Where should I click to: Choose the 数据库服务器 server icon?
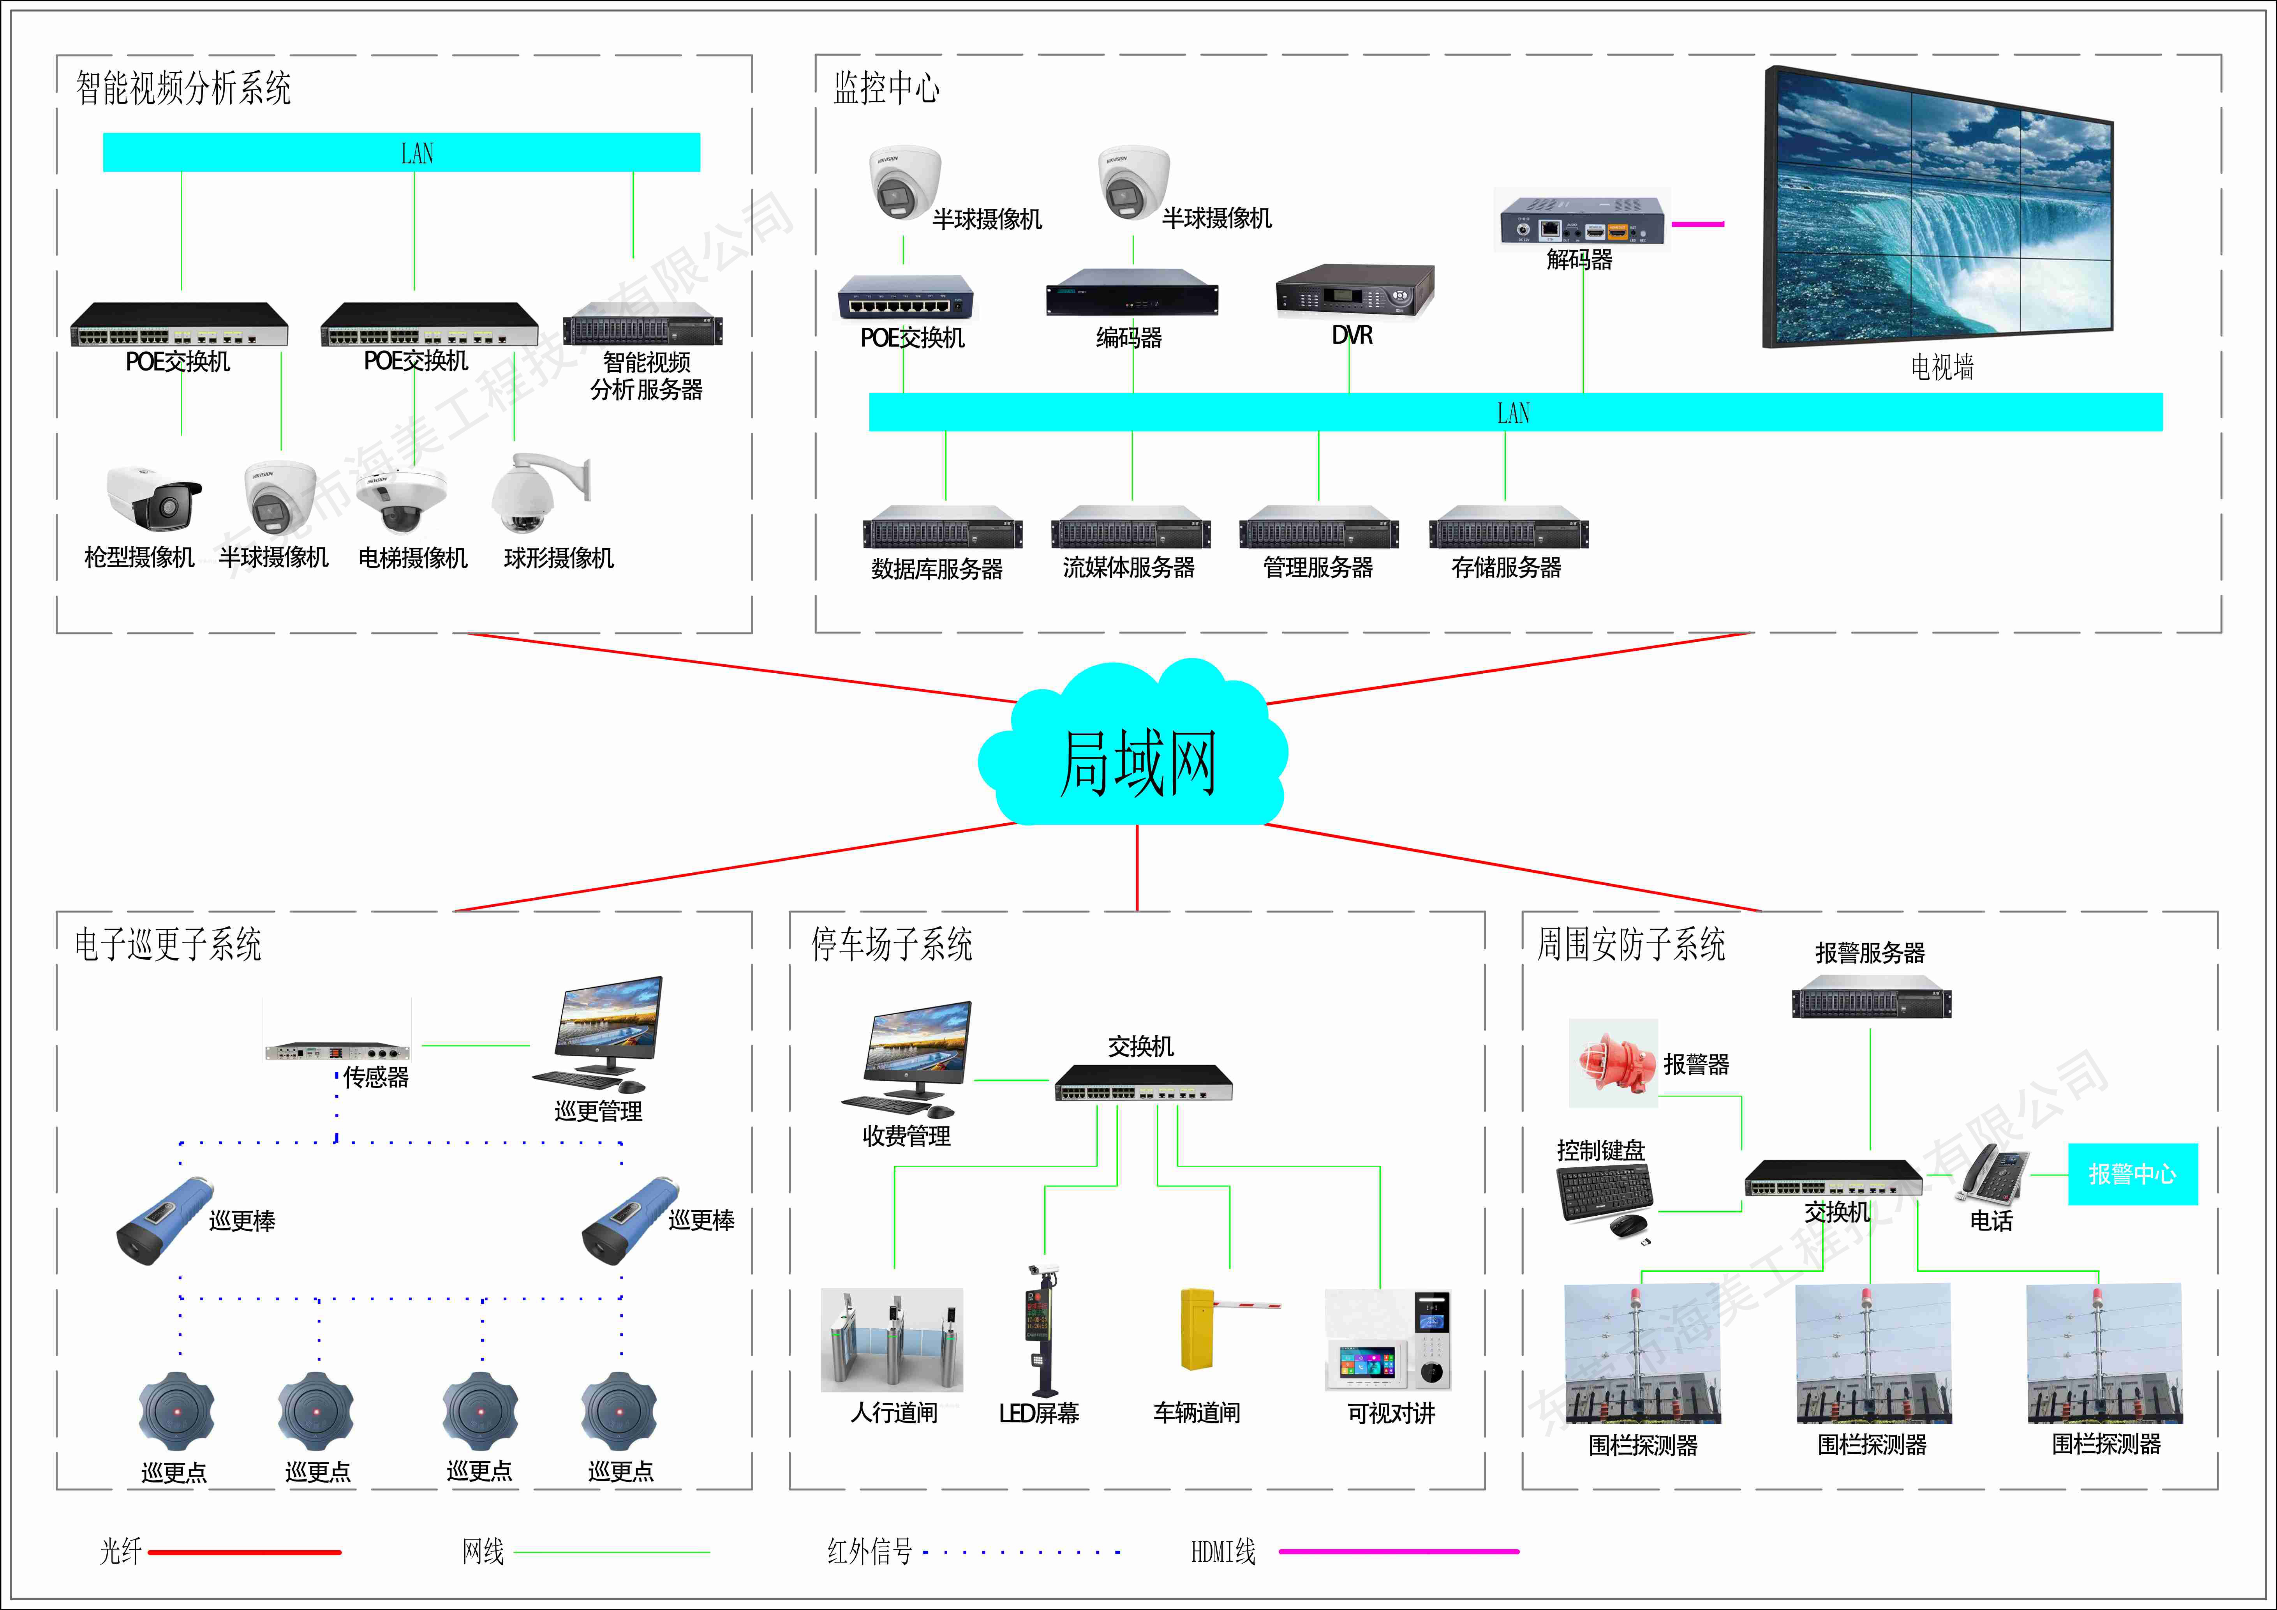click(x=942, y=528)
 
